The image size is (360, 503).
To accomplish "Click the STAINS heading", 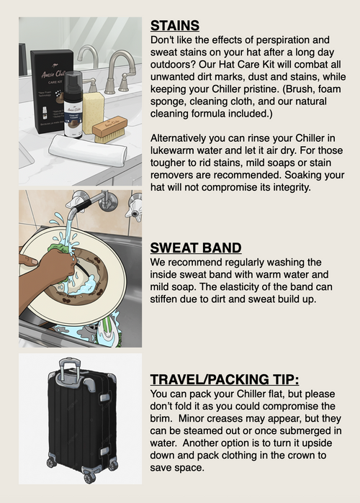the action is [x=175, y=26].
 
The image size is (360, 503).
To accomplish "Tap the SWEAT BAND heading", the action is [x=196, y=248].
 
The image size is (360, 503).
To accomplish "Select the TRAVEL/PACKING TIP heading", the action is [x=225, y=379].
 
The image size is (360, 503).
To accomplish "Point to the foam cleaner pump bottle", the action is [x=73, y=105].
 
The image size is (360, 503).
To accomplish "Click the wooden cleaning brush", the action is [x=110, y=130].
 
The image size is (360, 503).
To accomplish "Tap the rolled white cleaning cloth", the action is [x=88, y=150].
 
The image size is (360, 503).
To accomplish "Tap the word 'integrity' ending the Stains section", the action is [x=292, y=187].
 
